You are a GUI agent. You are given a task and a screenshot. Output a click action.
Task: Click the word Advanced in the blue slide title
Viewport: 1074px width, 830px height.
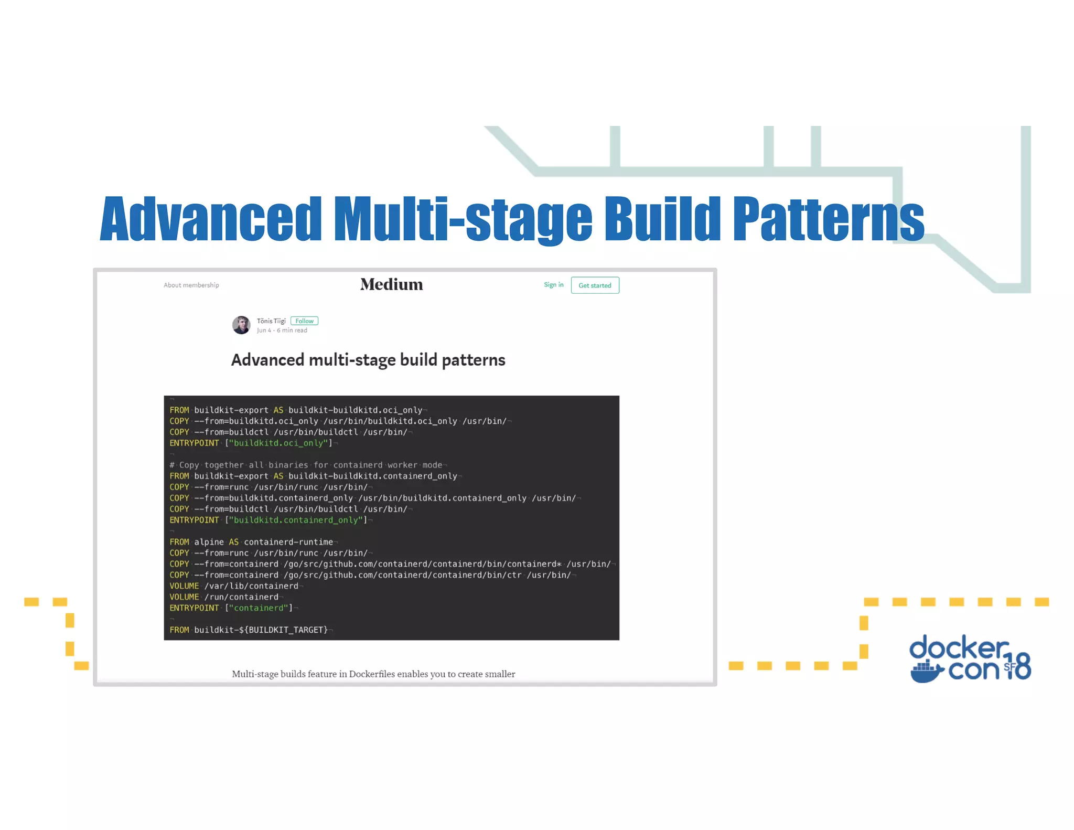pos(210,219)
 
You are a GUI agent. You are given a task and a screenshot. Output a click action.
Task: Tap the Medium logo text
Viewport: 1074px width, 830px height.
pos(391,284)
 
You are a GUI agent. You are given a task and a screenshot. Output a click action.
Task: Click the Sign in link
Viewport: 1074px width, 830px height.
pos(553,285)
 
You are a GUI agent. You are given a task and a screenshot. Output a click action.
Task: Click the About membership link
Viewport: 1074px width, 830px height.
pos(191,285)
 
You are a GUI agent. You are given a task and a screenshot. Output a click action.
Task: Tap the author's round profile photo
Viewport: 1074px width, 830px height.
pos(241,325)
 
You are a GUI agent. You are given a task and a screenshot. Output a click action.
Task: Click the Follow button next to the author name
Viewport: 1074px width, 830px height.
pos(304,321)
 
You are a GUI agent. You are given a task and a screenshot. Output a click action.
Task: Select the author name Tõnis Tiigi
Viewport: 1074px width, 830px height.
pos(271,321)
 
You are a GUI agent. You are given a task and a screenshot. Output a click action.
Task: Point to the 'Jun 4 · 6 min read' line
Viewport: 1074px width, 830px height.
pos(282,331)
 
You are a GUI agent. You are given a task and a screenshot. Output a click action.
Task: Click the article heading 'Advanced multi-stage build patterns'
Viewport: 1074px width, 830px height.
pos(368,360)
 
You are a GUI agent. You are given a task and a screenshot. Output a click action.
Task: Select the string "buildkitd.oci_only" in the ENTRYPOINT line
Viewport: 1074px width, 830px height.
pos(278,443)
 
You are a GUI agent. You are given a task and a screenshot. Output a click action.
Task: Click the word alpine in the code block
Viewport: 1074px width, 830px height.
pos(209,542)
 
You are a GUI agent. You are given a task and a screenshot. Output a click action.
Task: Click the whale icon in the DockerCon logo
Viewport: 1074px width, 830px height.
pos(927,672)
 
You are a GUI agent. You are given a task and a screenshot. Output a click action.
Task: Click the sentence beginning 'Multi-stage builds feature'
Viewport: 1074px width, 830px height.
pos(373,674)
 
